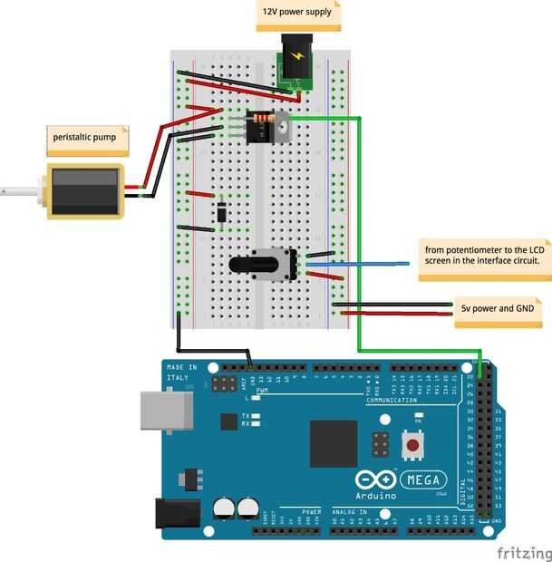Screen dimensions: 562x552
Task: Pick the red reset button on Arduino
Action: (413, 446)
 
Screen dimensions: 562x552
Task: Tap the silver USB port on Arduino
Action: (167, 410)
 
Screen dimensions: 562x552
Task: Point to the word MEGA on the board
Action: (422, 480)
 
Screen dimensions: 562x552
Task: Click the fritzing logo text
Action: (523, 552)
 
